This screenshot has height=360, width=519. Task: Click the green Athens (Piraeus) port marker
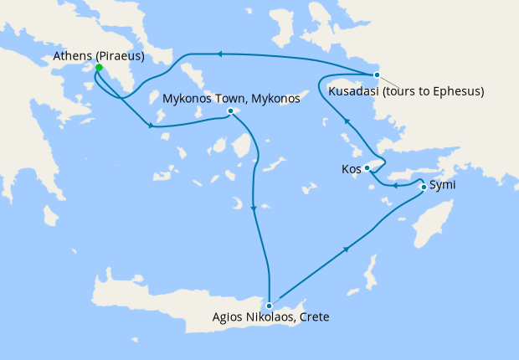[x=98, y=67]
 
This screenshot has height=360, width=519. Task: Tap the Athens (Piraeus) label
[x=99, y=56]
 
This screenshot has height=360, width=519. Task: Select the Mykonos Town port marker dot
[x=230, y=111]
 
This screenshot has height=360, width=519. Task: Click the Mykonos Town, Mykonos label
[x=231, y=99]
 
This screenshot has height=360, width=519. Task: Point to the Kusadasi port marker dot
[x=378, y=75]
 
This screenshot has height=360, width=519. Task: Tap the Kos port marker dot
[x=367, y=168]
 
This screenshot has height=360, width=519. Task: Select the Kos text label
[x=351, y=169]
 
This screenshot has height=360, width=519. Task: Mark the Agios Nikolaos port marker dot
[x=269, y=306]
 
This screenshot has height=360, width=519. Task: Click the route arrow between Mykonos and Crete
[x=253, y=206]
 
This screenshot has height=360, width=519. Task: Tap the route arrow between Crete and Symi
[x=346, y=249]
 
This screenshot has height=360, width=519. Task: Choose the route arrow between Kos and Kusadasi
[x=345, y=124]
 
